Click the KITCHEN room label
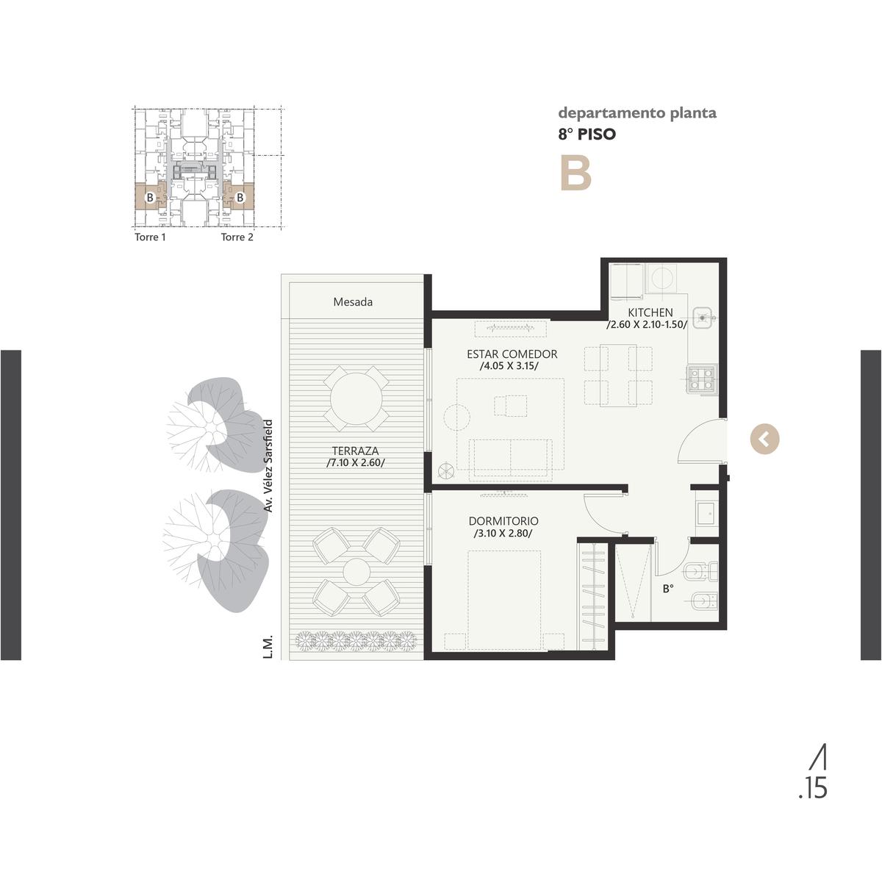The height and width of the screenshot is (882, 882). click(x=650, y=312)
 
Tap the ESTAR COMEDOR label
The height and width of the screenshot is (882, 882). click(x=512, y=354)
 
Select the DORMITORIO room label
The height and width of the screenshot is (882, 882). click(x=503, y=521)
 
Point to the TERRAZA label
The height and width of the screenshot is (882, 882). click(x=356, y=451)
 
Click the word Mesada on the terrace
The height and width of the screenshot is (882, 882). click(x=353, y=302)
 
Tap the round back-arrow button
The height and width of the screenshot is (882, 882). click(x=764, y=440)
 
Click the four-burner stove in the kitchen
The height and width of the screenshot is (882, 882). click(x=701, y=379)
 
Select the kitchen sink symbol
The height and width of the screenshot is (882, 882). click(x=704, y=317)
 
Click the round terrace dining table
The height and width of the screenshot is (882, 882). click(x=356, y=398)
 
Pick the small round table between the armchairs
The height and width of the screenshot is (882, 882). click(x=356, y=572)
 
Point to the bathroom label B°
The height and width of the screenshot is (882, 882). click(x=668, y=589)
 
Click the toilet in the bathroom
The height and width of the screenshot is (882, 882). click(x=701, y=572)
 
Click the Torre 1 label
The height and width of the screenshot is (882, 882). click(x=150, y=237)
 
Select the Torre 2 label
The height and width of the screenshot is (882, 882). click(x=237, y=237)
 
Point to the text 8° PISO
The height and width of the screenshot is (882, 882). click(x=587, y=134)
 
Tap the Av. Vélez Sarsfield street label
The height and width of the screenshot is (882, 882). click(x=268, y=466)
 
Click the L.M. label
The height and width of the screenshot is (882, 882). click(x=268, y=646)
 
